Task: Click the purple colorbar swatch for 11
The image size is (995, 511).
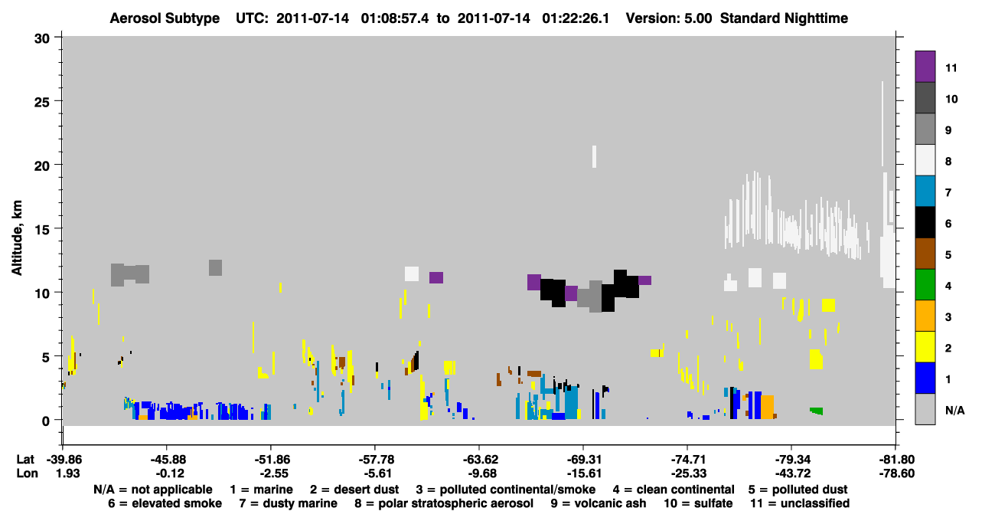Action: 925,67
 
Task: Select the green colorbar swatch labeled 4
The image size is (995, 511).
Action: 925,285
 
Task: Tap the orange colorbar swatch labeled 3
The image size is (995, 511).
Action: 925,316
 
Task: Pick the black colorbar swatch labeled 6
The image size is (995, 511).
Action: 925,222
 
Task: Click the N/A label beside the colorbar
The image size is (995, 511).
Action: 954,410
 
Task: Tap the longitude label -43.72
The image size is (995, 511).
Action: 791,473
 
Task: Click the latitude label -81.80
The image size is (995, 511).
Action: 895,459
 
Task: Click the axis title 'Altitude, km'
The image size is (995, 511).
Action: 17,238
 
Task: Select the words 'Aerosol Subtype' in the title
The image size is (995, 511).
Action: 165,18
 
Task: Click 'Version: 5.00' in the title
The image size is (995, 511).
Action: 669,18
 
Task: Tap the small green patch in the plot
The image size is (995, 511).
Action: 817,411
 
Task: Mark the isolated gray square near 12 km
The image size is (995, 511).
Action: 215,267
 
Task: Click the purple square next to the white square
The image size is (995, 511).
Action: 436,277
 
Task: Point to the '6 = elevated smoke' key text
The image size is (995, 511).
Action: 165,503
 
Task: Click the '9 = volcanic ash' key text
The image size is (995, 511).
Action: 599,503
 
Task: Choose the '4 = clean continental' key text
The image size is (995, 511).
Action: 674,490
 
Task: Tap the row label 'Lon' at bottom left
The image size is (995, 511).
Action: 27,473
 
